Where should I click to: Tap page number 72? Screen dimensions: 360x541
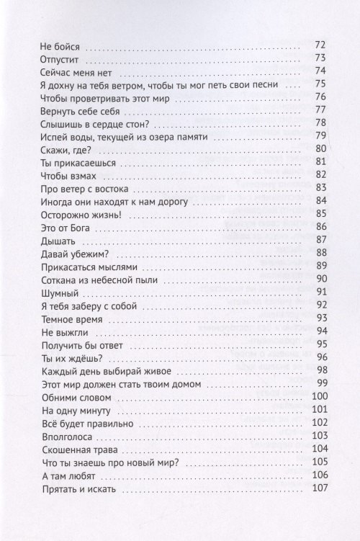tap(321, 47)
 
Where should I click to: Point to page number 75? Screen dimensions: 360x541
tap(321, 85)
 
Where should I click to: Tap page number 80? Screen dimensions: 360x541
tap(321, 150)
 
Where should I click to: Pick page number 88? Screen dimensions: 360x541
tap(321, 252)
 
